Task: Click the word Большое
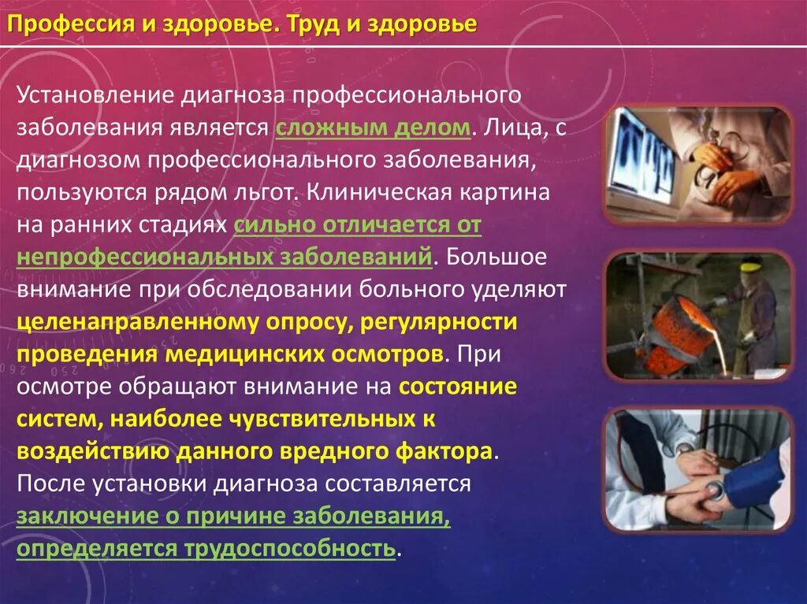(501, 257)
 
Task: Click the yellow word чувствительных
(329, 419)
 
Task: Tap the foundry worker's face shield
(751, 270)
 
